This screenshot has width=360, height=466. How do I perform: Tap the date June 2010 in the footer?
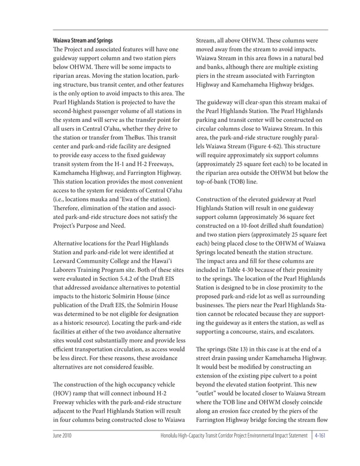point(62,437)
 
